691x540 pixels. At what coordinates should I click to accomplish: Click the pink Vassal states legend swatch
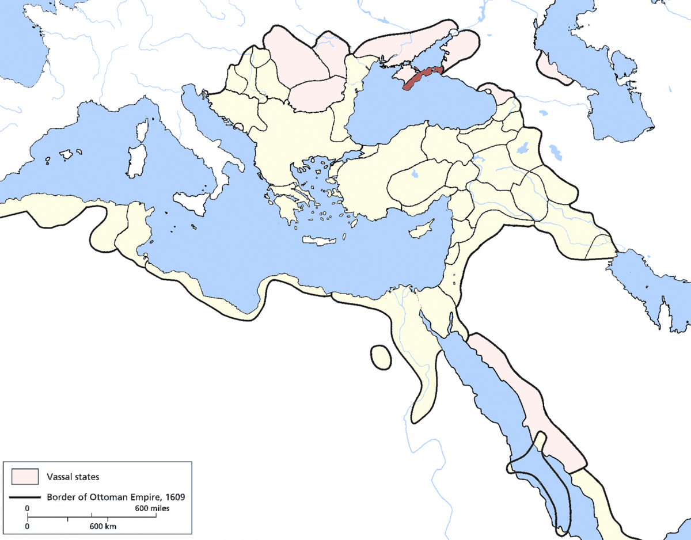point(25,477)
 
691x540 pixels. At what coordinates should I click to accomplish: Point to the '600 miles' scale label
point(152,509)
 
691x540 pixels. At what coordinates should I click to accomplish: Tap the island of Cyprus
point(420,229)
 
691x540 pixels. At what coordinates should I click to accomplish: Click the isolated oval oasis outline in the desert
point(379,356)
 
